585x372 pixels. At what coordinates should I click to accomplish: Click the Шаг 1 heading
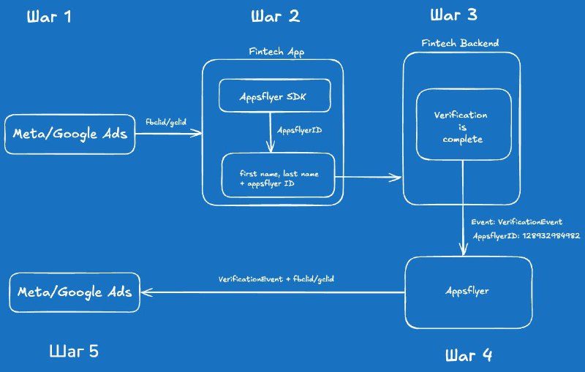[x=49, y=17]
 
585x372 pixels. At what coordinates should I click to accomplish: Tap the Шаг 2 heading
[x=276, y=16]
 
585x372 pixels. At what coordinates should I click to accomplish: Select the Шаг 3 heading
[x=453, y=15]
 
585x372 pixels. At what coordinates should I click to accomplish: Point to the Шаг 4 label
[x=469, y=355]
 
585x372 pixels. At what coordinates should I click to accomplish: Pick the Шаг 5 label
[x=74, y=351]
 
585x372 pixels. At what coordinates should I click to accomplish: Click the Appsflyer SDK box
[x=275, y=96]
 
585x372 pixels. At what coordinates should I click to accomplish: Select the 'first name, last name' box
[x=279, y=175]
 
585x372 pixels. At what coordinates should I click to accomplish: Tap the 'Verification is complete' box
[x=464, y=124]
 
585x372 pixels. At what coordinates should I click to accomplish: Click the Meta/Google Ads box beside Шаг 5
[x=75, y=292]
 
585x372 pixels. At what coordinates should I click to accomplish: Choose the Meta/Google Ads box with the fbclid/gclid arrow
[x=69, y=134]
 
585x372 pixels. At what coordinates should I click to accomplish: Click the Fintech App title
[x=276, y=52]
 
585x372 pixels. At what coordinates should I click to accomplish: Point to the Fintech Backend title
[x=460, y=43]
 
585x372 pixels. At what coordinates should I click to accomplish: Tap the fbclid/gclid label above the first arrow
[x=166, y=122]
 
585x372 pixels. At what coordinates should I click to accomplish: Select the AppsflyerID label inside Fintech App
[x=299, y=131]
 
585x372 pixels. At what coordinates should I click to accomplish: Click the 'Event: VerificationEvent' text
[x=517, y=222]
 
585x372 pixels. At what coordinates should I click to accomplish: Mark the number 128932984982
[x=551, y=235]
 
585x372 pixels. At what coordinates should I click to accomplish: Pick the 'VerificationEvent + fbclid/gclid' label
[x=276, y=279]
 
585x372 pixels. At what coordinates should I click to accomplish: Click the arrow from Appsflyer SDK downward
[x=271, y=132]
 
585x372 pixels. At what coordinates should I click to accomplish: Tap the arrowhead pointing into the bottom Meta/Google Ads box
[x=147, y=292]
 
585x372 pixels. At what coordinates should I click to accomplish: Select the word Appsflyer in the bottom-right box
[x=467, y=291]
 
